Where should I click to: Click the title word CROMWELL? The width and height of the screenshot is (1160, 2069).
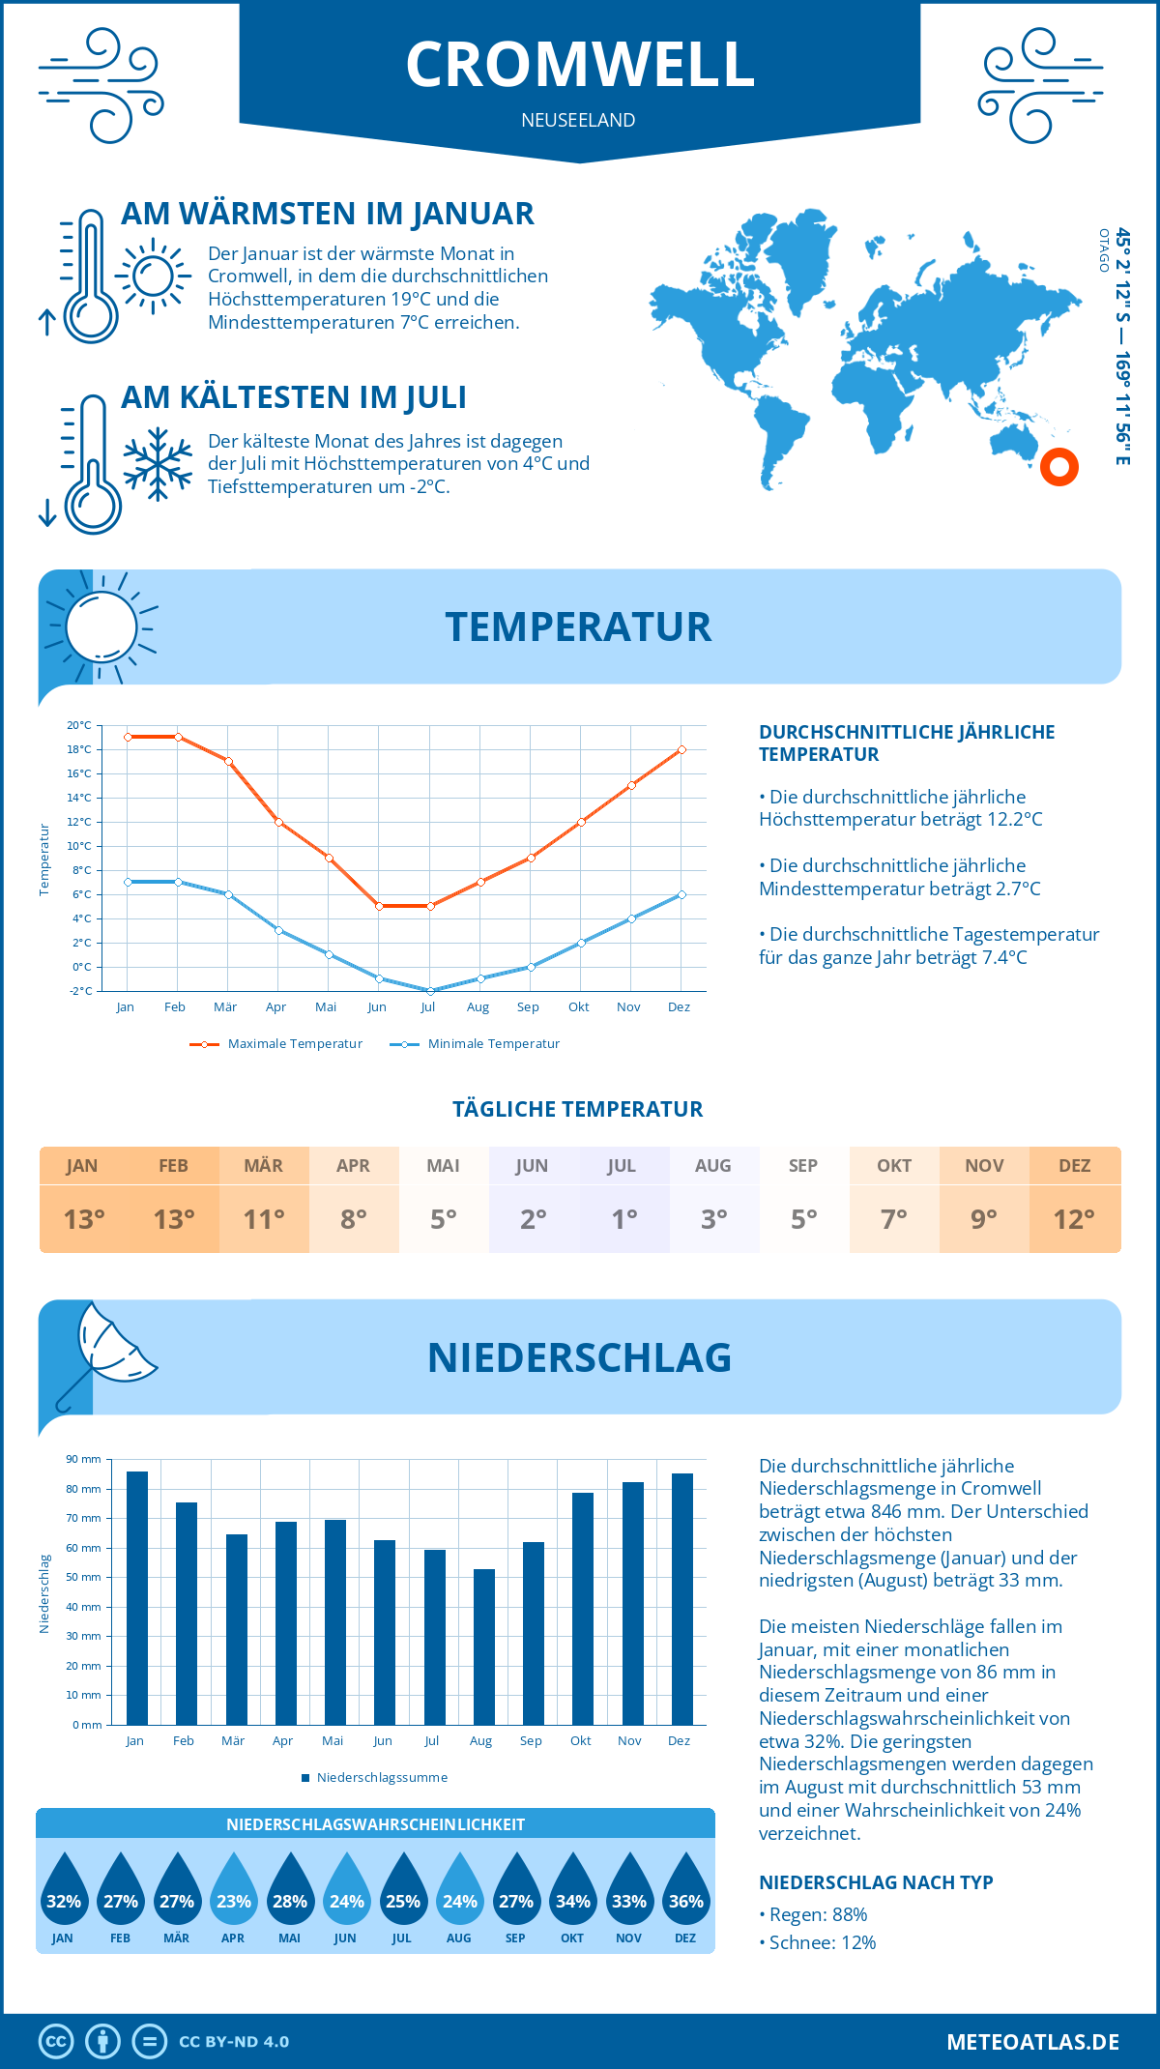[580, 65]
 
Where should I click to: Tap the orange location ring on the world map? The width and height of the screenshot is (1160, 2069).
[1059, 467]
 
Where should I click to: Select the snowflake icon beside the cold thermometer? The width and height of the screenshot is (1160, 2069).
[158, 464]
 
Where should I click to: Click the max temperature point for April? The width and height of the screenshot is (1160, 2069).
[278, 822]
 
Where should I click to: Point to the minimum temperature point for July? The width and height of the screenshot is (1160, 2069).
[430, 991]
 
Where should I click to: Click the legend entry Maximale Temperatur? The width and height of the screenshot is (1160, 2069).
[276, 1044]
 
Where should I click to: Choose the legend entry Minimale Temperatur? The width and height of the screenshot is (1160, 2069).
[476, 1044]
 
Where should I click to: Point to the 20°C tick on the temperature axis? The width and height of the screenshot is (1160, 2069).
[79, 725]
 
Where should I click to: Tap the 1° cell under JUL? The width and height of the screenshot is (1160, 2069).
[623, 1219]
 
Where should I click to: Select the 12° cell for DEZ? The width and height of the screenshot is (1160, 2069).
[1074, 1219]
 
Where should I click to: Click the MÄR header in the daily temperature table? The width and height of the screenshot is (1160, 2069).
[263, 1166]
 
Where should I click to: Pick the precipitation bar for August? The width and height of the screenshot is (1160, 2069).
[483, 1646]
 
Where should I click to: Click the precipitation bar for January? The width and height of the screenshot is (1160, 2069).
[136, 1597]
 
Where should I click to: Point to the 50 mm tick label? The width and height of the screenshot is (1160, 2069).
[85, 1577]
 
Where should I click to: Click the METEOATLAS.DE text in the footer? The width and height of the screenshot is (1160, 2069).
[1032, 2042]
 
